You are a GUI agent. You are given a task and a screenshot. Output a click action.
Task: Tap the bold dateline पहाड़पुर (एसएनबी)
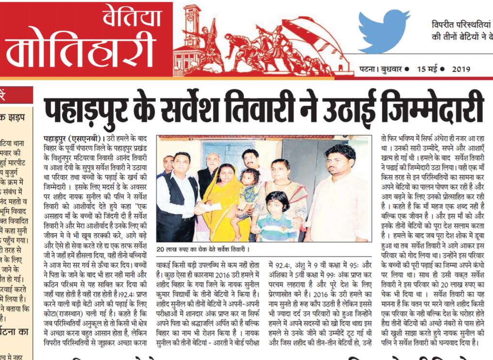pos(71,138)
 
